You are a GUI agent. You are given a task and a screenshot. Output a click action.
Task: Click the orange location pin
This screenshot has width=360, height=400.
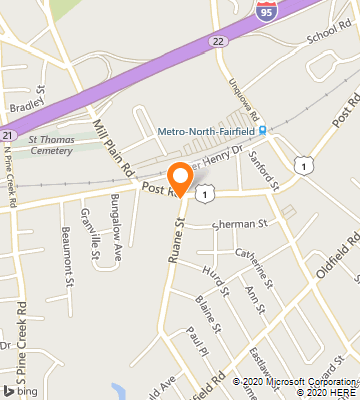click(180, 178)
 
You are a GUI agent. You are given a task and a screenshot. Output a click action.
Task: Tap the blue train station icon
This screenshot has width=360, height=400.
click(263, 130)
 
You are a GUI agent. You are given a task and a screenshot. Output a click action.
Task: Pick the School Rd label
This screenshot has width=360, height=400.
click(330, 32)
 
